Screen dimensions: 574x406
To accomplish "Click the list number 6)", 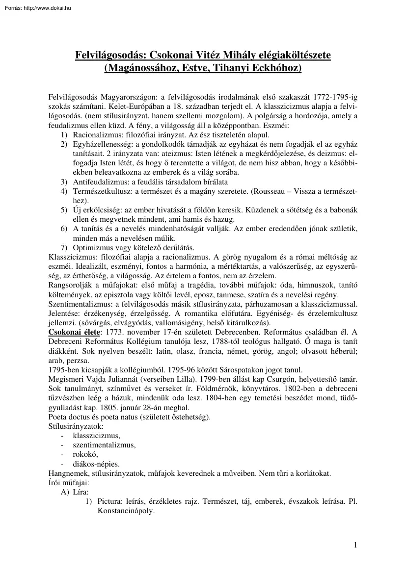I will pyautogui.click(x=64, y=229).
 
